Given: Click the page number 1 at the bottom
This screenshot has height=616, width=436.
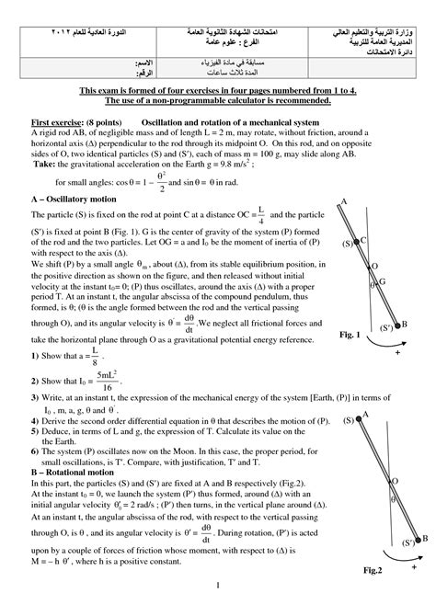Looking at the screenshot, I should (218, 610).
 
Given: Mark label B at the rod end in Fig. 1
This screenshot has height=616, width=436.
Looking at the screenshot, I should (406, 325).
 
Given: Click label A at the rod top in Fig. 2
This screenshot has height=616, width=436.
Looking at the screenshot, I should (366, 416).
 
